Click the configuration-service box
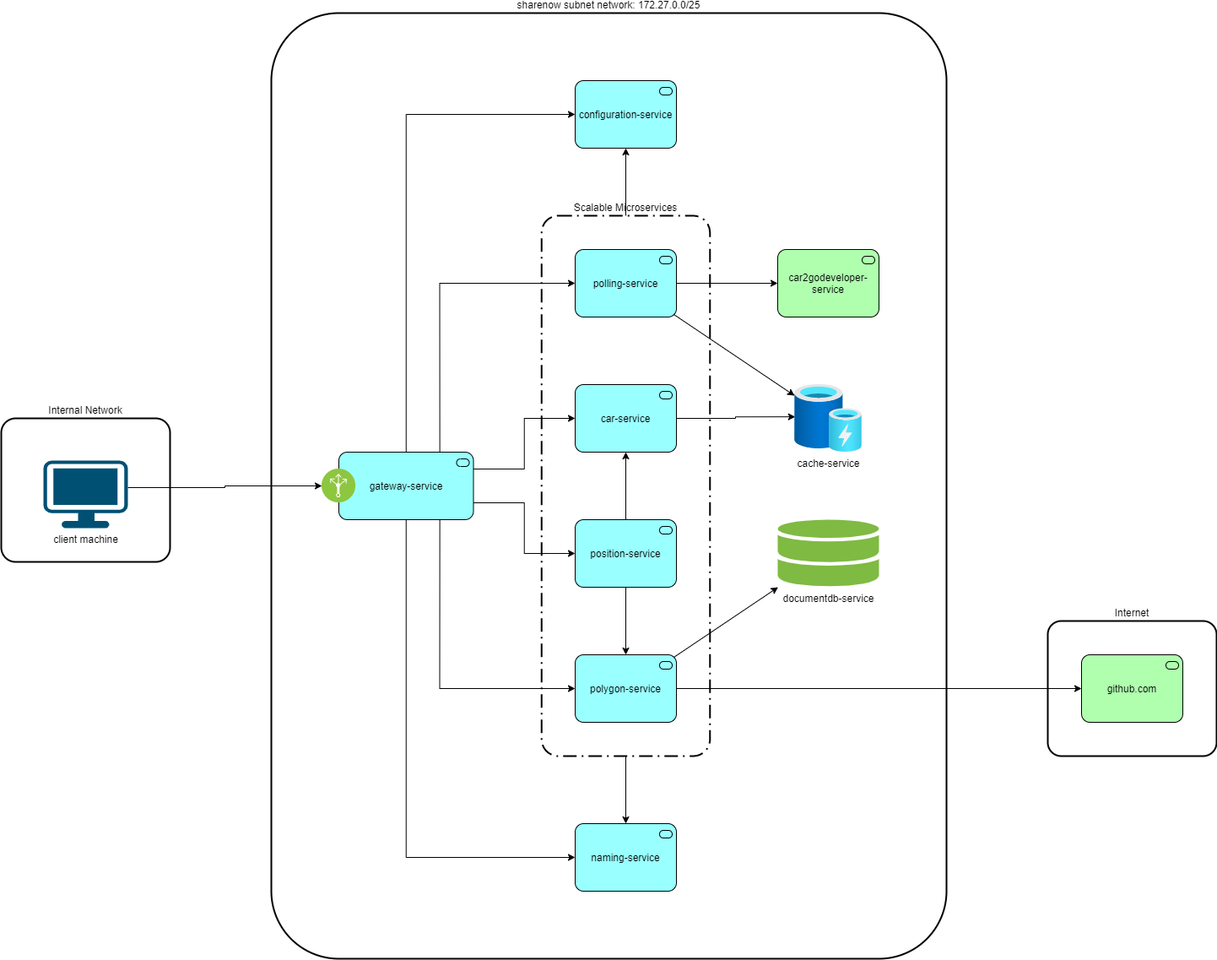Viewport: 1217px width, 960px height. tap(625, 114)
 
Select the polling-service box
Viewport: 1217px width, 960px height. tap(625, 284)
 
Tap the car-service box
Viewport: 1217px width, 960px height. tap(625, 419)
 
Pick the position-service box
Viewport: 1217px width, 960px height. tap(625, 553)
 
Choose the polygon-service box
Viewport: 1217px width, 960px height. tap(625, 688)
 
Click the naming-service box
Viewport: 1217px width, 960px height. tap(625, 858)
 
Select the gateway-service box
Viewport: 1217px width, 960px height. tap(406, 486)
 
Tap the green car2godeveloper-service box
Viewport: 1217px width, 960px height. tap(828, 284)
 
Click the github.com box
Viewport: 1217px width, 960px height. tap(1132, 688)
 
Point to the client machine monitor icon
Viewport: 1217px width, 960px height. tap(85, 494)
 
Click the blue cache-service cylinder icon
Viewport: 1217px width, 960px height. tap(827, 418)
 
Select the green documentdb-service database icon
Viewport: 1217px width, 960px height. tap(828, 553)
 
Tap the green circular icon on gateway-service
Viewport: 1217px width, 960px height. tap(338, 485)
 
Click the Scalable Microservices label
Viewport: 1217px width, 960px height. tap(625, 208)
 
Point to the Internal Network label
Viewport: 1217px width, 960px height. tap(85, 410)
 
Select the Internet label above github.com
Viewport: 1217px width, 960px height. tap(1131, 613)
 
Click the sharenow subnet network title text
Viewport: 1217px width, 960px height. tap(608, 5)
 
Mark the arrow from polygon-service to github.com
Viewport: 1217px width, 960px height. tap(879, 688)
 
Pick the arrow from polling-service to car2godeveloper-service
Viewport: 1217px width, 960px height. tap(727, 284)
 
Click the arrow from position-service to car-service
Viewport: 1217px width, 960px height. tap(625, 486)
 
